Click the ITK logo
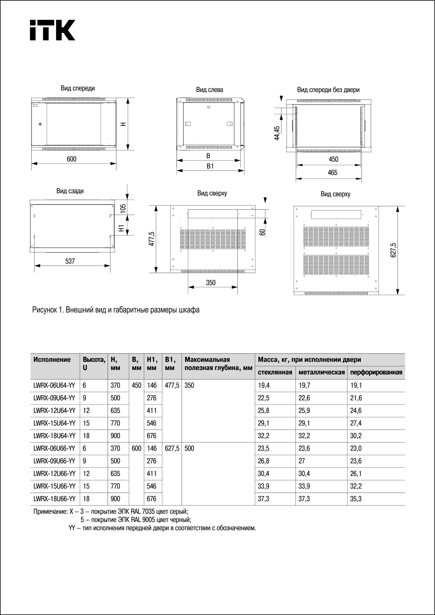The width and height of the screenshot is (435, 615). pos(53,30)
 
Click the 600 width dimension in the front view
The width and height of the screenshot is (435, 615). pos(71,159)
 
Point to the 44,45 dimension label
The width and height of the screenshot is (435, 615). pos(277,133)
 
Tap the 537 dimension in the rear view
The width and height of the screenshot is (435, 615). pos(70,261)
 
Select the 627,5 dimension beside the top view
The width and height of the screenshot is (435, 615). pos(393,250)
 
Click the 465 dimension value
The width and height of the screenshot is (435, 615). pos(333,173)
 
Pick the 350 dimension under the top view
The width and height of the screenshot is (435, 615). pos(211,283)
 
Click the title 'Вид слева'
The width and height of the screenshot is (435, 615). pos(209,90)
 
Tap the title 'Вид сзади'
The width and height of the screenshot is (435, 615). pos(70,191)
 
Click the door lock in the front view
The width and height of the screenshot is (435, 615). pos(40,124)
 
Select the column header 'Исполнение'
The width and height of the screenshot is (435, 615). pos(52,359)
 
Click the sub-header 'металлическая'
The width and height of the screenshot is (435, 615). pos(321,372)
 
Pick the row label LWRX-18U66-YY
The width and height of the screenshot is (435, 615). pos(54,499)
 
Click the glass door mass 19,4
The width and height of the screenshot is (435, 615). pos(264,385)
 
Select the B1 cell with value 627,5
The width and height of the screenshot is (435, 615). pos(172,448)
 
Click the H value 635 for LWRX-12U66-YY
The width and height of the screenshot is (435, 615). pos(115,474)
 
